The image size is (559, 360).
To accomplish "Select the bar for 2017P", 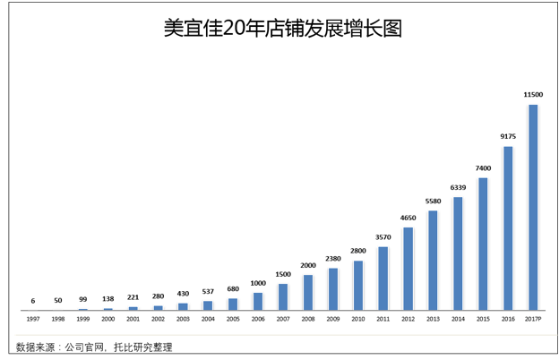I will (533, 207).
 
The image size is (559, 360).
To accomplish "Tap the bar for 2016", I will (508, 228).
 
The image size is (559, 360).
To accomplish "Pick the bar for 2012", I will (408, 269).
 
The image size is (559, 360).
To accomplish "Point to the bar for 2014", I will (458, 253).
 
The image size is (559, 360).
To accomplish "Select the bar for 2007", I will (283, 296).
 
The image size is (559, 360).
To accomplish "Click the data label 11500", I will (533, 95).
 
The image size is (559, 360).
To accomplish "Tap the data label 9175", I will (508, 136).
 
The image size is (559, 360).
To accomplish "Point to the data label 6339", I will (458, 187).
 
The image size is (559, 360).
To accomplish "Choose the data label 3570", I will (383, 237).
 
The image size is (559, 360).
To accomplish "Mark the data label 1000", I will (258, 283).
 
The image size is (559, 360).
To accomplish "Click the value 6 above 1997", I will (33, 301).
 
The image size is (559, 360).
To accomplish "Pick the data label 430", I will (183, 294).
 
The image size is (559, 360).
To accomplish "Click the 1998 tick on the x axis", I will (58, 318).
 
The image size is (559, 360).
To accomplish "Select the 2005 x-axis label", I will (233, 318).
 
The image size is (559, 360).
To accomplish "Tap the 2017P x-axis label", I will (533, 318).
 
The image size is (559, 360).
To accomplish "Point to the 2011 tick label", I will (383, 318).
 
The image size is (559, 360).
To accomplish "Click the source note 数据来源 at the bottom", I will (94, 347).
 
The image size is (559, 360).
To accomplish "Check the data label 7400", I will (483, 168).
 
